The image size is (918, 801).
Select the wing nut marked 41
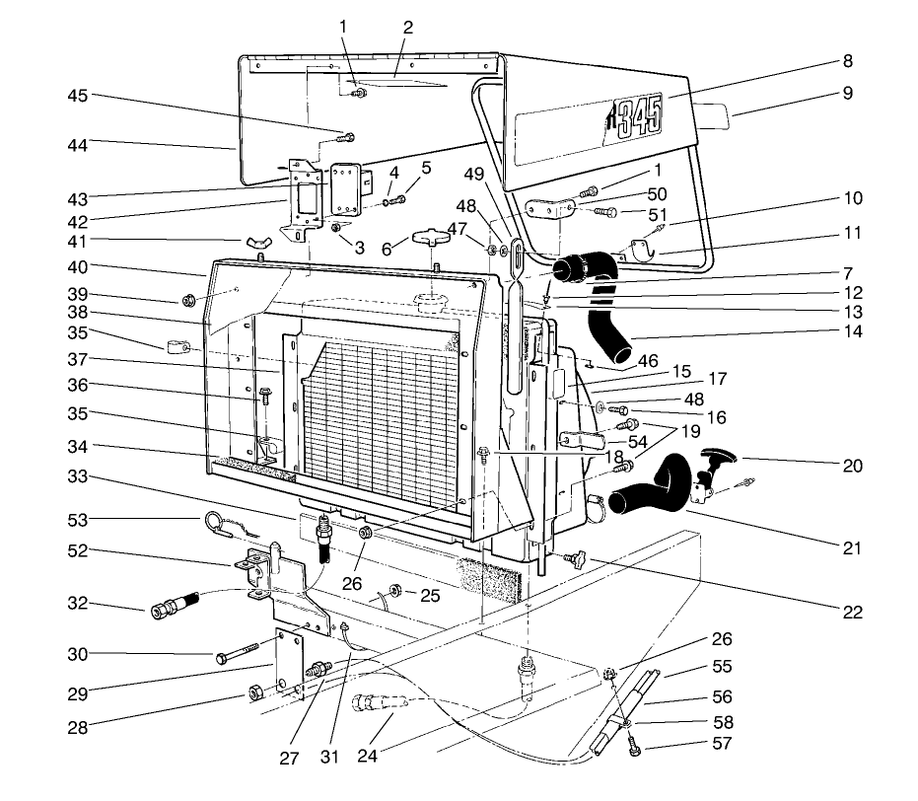[257, 242]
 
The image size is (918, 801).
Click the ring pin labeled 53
[218, 522]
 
